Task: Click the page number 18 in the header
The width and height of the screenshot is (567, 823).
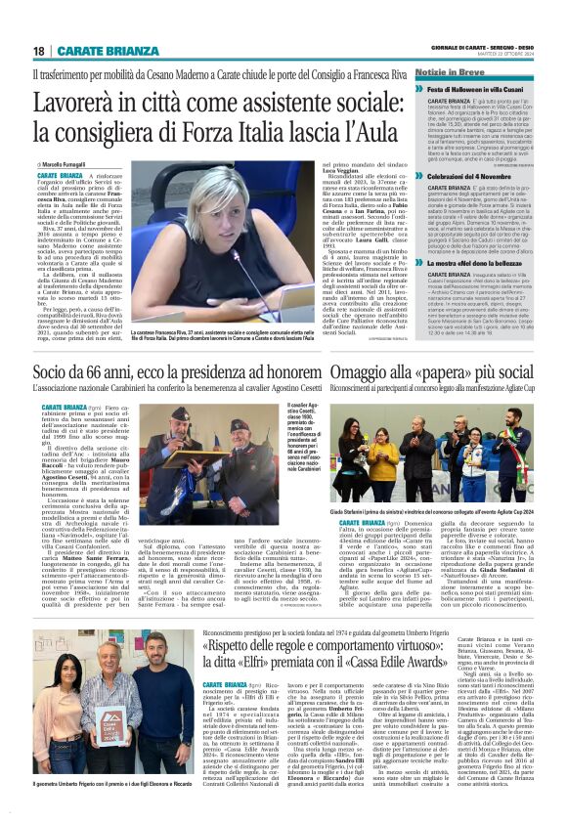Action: coord(39,50)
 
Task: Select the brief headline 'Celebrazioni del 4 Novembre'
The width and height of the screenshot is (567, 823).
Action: coord(458,176)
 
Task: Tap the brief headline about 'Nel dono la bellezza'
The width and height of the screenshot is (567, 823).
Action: coord(458,263)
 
